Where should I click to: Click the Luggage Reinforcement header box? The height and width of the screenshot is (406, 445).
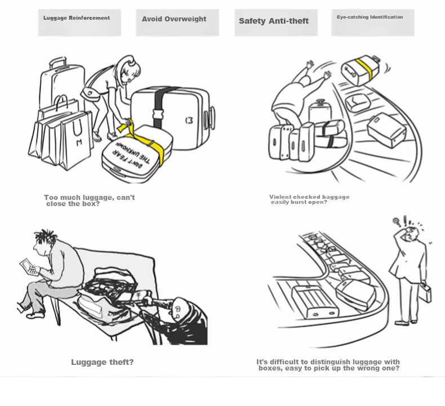point(79,23)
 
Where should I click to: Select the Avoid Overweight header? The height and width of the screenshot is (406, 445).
point(177,23)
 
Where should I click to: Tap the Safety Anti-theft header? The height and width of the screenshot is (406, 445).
point(276,23)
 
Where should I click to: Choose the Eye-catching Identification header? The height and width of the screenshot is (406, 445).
point(373,23)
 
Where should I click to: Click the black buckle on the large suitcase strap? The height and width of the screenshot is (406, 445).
point(158,114)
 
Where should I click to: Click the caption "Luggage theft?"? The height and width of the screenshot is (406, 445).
point(102,362)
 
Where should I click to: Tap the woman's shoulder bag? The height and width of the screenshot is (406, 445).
point(90,93)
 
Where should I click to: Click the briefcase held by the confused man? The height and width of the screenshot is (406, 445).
point(425,292)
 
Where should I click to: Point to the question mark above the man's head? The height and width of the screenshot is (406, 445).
point(397,222)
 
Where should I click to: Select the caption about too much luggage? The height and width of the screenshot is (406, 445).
point(90,200)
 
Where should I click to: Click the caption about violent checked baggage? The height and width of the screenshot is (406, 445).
point(309,199)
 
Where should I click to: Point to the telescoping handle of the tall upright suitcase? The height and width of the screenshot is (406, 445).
point(58,63)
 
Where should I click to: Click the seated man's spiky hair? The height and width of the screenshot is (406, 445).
point(46,236)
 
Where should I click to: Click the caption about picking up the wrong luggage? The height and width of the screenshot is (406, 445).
point(328,365)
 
